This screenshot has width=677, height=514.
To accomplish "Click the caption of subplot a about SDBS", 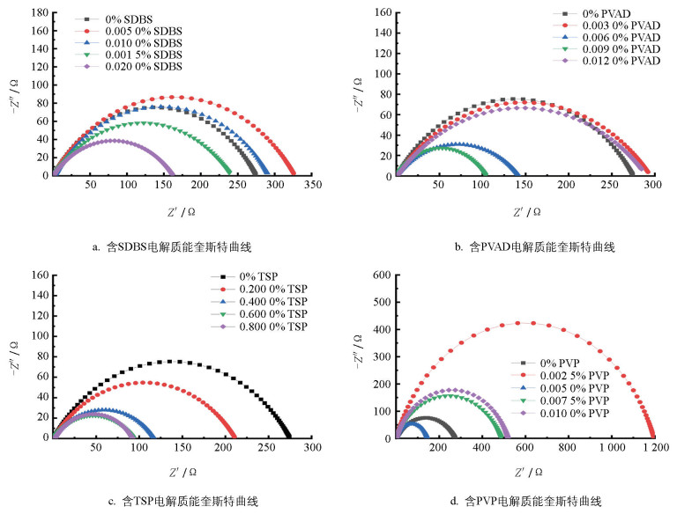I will [x=174, y=246].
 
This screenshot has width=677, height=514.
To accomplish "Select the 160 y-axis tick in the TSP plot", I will [x=37, y=275].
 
